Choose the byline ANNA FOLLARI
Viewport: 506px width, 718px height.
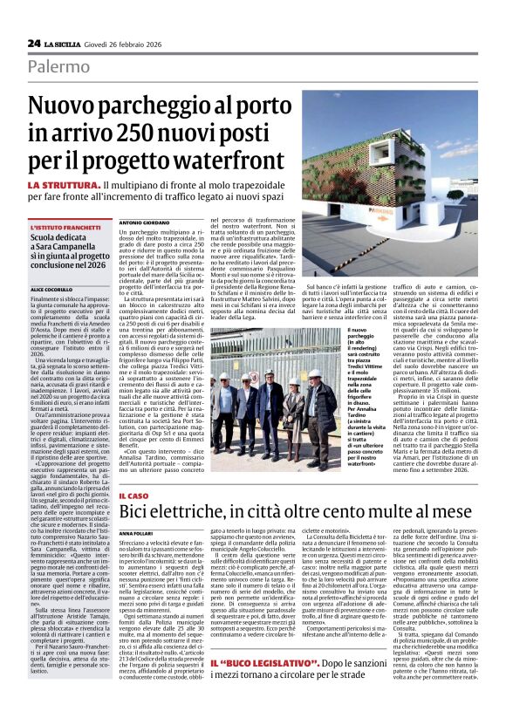click(137, 531)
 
